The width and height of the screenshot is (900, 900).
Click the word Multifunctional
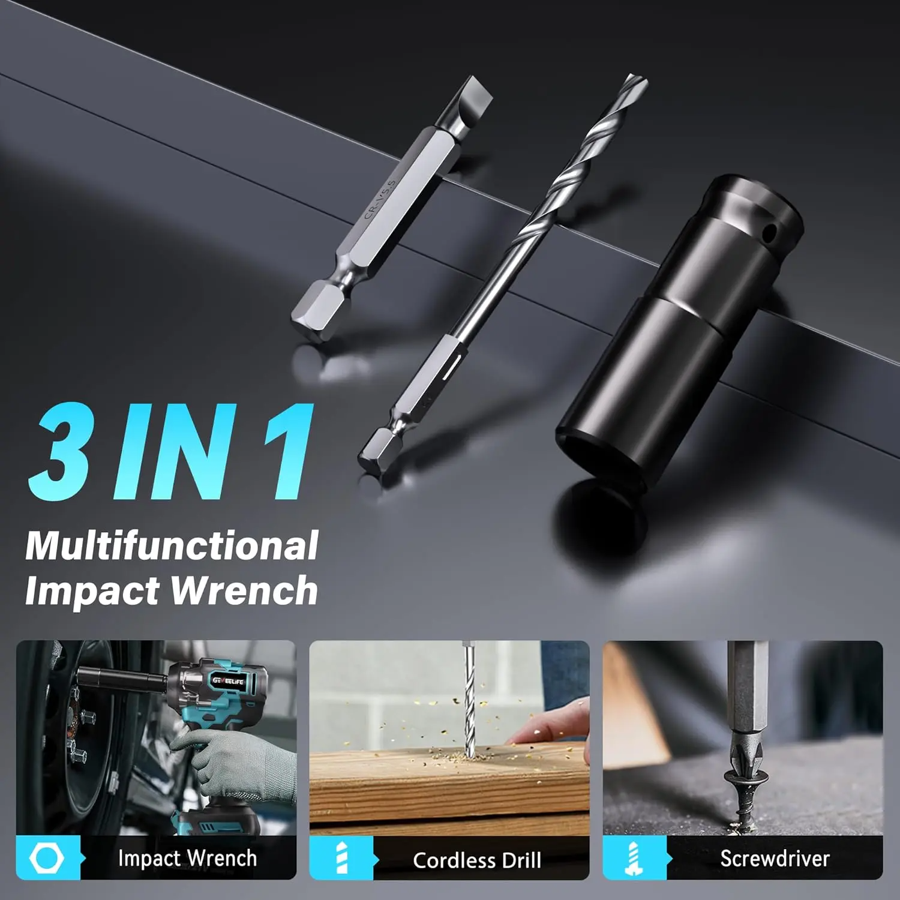tap(172, 546)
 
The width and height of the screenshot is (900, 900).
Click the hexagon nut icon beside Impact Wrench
tap(47, 859)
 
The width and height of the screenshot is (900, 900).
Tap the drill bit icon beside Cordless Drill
tap(341, 859)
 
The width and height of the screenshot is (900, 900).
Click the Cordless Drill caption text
tap(477, 860)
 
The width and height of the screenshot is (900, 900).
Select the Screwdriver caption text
tap(775, 859)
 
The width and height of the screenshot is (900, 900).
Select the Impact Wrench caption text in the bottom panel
tap(187, 859)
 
